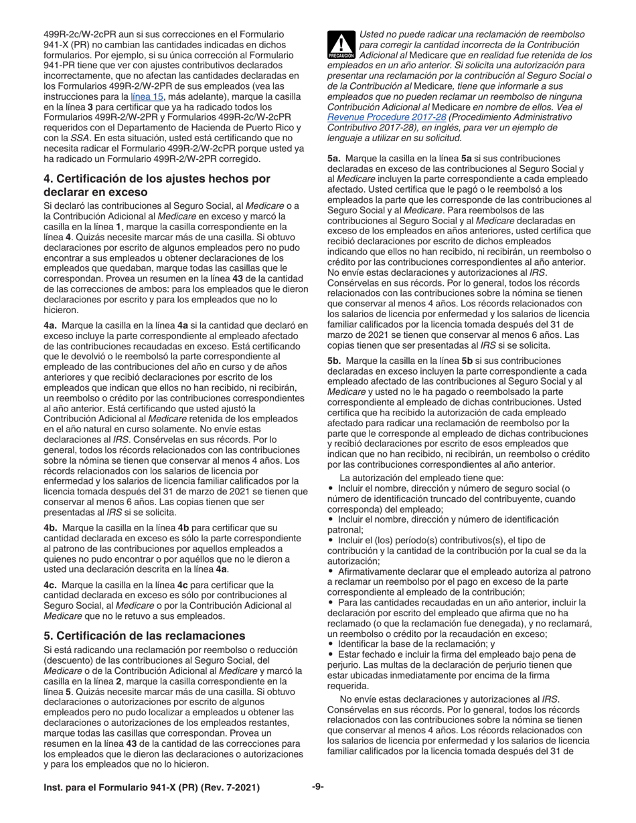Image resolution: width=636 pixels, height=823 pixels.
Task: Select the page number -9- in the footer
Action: pyautogui.click(x=318, y=787)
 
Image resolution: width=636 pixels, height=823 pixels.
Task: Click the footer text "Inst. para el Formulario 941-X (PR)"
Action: pyautogui.click(x=127, y=788)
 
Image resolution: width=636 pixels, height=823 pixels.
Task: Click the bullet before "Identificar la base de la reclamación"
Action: pyautogui.click(x=331, y=644)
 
